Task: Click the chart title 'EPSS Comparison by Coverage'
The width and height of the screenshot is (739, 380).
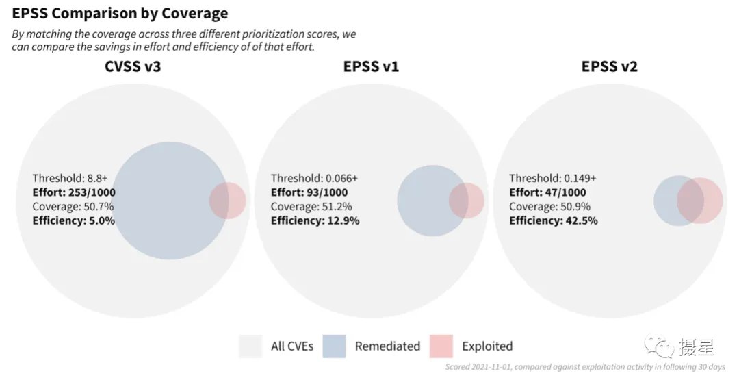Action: [x=120, y=14]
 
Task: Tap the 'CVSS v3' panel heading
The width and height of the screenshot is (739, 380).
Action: [x=133, y=66]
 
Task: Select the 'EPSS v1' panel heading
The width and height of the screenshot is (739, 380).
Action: [x=372, y=66]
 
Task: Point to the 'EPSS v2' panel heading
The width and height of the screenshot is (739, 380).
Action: [x=610, y=66]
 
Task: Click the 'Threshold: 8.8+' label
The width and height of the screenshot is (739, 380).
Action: [x=70, y=178]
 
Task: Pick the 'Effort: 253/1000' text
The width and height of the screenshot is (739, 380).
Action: [x=74, y=192]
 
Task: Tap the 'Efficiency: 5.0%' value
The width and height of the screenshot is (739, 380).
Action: [x=73, y=220]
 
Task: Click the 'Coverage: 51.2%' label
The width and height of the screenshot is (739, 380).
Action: [x=311, y=207]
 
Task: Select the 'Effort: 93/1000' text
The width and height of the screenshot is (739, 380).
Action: [x=309, y=192]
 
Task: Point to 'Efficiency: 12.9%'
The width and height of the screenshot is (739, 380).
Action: [x=315, y=220]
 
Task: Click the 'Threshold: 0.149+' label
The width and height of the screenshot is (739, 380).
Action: [x=553, y=178]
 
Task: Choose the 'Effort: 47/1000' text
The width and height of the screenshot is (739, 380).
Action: [x=547, y=192]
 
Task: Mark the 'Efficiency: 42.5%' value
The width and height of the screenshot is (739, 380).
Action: [x=554, y=220]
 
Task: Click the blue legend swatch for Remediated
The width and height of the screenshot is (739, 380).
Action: [x=334, y=346]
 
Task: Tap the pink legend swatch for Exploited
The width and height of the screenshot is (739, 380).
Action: [x=441, y=346]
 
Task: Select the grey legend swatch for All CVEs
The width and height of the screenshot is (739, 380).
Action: [x=250, y=346]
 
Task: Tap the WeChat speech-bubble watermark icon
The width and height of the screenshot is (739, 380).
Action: [x=660, y=346]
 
